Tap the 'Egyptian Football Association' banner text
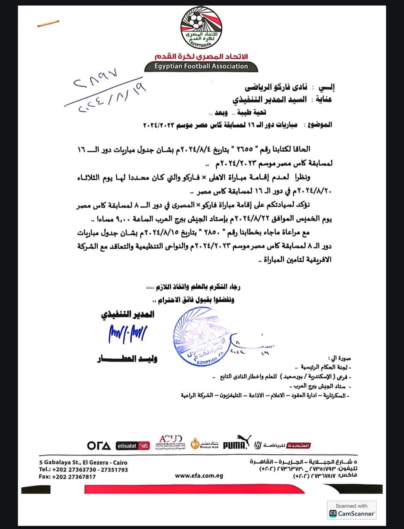click(x=201, y=66)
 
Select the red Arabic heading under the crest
click(x=201, y=56)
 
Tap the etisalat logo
click(x=132, y=446)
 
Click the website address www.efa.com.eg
click(x=199, y=476)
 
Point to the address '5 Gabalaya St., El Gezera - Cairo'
click(x=83, y=462)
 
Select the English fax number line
click(x=67, y=477)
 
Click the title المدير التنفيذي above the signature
click(x=127, y=315)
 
